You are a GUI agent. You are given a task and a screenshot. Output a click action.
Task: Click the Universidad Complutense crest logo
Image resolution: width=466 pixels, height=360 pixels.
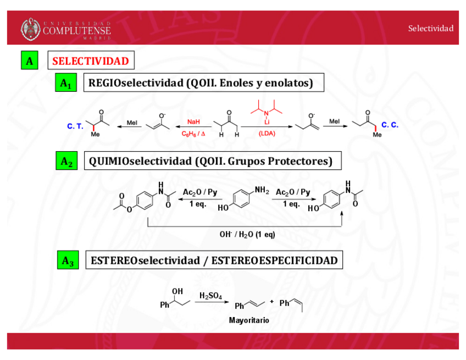coord(31,29)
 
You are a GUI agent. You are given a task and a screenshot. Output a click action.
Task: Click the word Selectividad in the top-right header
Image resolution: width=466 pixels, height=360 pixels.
coord(430,28)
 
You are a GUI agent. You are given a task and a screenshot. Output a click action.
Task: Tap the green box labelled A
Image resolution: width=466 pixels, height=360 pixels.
coord(29,61)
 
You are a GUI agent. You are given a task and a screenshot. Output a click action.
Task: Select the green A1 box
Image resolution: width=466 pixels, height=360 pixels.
coord(65,84)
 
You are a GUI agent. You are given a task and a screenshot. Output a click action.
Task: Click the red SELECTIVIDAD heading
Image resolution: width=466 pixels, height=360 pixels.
coord(91,61)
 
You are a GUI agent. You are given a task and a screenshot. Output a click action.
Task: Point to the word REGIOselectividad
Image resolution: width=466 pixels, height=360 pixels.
coord(135,83)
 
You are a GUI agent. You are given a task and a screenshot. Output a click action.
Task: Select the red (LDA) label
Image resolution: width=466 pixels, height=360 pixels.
coord(267,134)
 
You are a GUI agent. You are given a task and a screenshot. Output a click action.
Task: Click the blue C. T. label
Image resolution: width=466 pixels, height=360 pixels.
coord(75,126)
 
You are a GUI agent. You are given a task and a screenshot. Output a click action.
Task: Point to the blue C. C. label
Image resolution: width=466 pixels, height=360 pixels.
coord(390,125)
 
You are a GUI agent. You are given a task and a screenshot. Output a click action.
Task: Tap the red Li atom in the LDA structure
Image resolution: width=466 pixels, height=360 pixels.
coord(267,121)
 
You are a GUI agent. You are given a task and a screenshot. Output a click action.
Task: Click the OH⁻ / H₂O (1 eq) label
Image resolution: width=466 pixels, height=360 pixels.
coord(247,234)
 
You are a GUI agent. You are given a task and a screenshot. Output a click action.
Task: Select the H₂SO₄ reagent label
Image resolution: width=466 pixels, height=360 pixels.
coord(210,296)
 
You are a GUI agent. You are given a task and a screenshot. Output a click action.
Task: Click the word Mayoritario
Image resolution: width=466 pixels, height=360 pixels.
coord(249,320)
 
